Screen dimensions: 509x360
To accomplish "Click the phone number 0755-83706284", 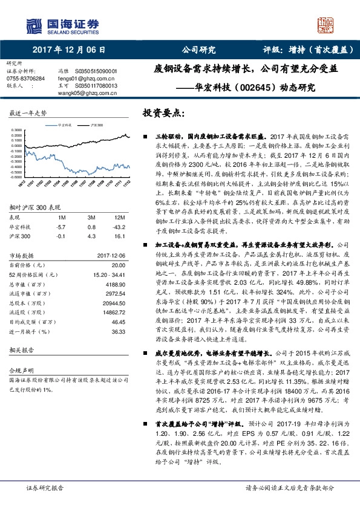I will tap(25, 79).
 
